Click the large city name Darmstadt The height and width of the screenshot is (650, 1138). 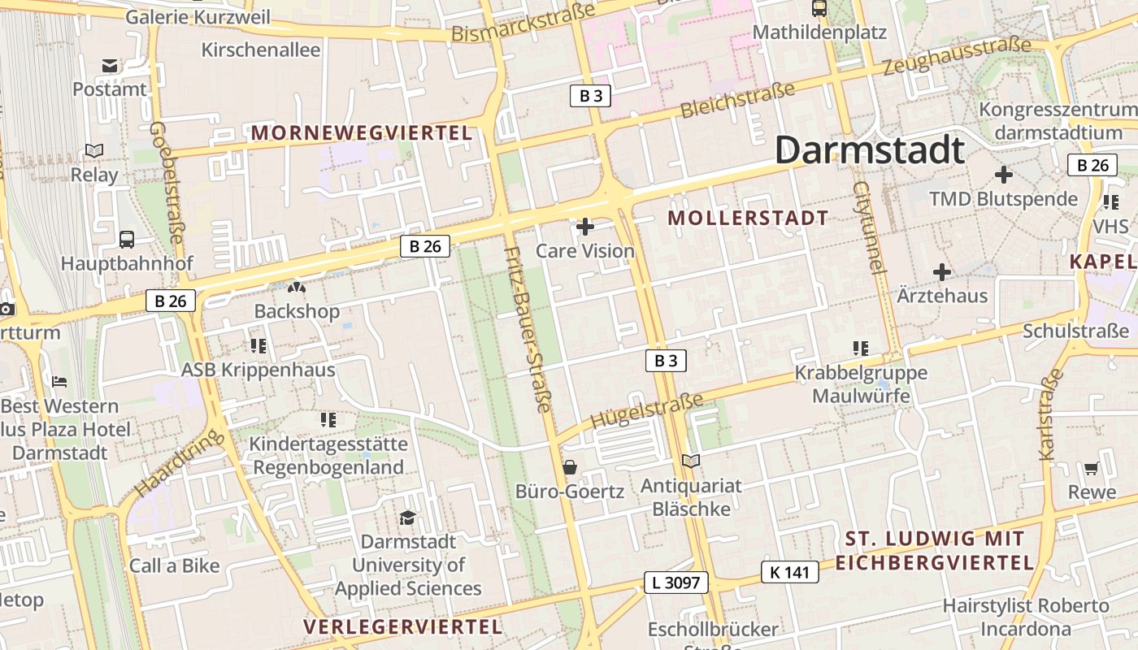869,151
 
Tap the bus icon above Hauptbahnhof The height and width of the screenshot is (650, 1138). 127,239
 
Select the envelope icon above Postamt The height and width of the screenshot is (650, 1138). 110,66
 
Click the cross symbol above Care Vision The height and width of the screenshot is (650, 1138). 585,227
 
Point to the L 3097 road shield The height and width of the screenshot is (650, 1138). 676,582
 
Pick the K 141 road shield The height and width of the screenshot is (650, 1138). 789,572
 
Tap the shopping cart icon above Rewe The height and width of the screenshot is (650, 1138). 1091,469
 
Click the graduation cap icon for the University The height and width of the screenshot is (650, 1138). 407,518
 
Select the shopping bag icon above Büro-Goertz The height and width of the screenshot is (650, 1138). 570,467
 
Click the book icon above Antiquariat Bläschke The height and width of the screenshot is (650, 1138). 691,461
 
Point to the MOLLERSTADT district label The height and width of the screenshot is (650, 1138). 748,218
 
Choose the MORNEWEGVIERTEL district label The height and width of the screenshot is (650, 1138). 362,132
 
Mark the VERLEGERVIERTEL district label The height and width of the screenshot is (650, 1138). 403,626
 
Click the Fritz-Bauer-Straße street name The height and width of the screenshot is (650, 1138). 528,329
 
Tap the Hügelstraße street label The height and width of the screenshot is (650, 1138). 647,411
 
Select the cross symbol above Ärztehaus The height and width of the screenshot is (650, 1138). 942,272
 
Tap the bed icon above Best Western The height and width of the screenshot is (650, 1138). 59,381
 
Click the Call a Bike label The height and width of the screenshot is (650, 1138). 175,565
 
